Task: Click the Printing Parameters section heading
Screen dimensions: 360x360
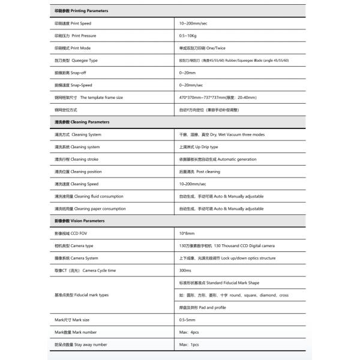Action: (x=82, y=11)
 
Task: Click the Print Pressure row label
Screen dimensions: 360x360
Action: (x=76, y=35)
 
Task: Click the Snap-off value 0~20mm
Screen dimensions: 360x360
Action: (x=188, y=73)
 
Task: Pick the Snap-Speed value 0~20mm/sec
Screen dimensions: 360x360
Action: (x=192, y=85)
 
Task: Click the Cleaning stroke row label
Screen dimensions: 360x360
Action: (x=77, y=159)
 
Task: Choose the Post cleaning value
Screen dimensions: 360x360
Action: (x=200, y=172)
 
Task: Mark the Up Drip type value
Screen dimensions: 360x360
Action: (x=199, y=147)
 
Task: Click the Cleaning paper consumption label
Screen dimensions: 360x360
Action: (x=90, y=209)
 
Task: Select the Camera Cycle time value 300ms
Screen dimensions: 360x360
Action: (x=185, y=271)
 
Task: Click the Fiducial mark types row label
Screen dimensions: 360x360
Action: (x=82, y=295)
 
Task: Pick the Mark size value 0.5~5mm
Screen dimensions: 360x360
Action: (x=188, y=320)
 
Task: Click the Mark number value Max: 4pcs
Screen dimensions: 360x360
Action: (x=190, y=332)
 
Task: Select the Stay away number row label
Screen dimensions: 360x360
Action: (x=81, y=345)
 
